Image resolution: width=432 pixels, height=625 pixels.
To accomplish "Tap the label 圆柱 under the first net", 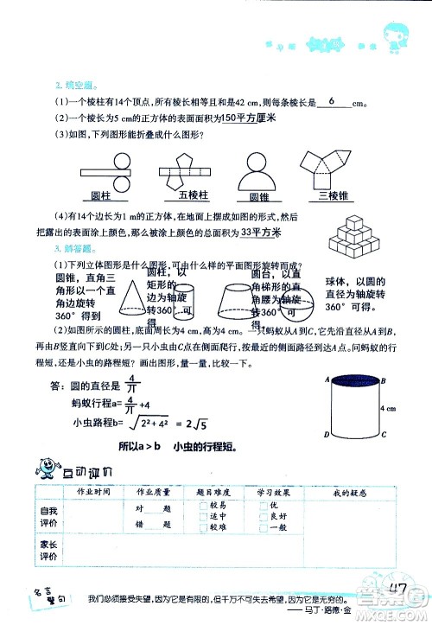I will (x=111, y=195).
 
